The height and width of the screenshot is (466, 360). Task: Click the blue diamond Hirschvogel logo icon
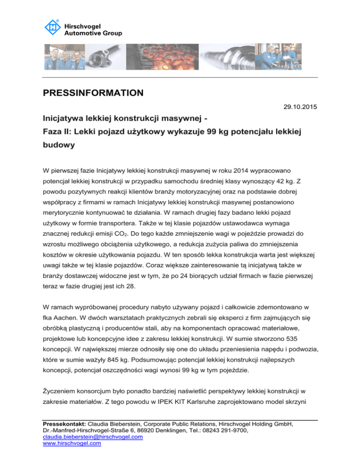pos(52,27)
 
